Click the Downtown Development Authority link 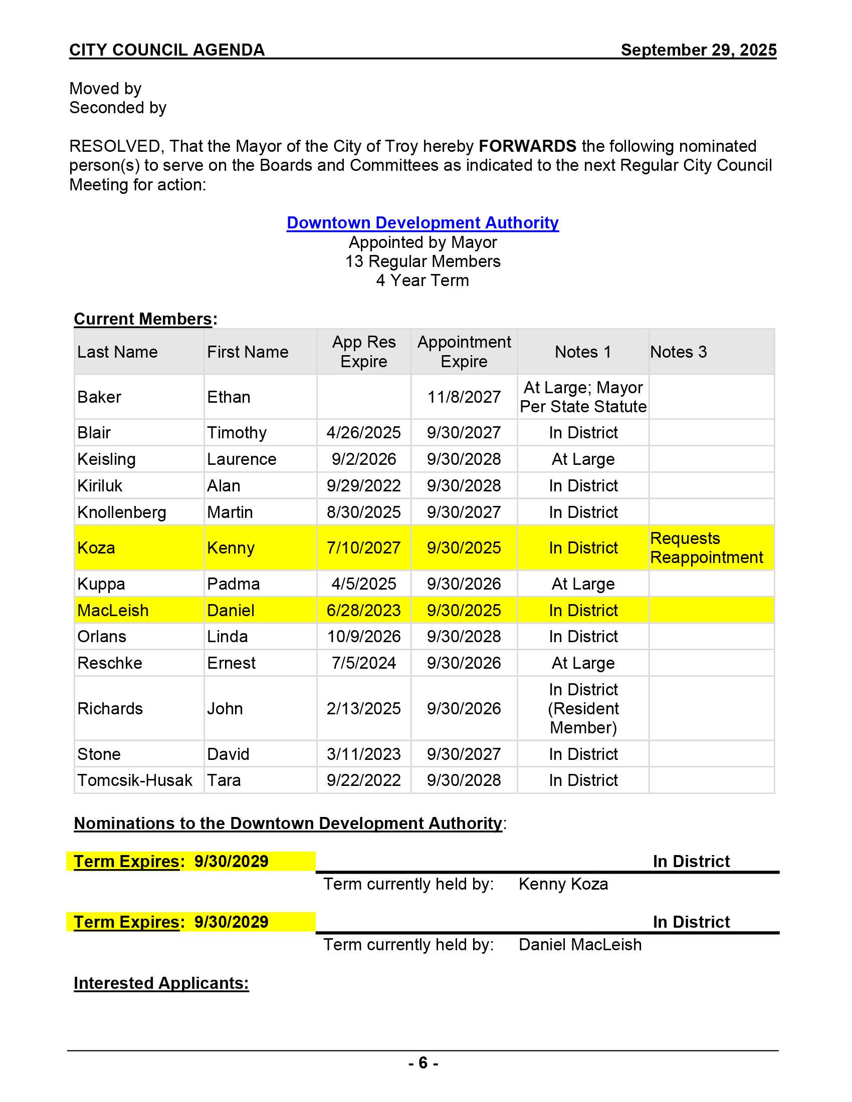[422, 223]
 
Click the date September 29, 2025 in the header [698, 50]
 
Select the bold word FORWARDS [527, 146]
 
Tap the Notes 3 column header [678, 352]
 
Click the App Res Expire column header [363, 352]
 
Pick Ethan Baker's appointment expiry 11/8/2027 [464, 397]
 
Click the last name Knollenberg [122, 512]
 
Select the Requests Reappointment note [706, 548]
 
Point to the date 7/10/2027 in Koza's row [363, 548]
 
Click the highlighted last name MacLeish [113, 611]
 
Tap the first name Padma [233, 584]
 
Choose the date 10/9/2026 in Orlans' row [363, 637]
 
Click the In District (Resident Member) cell [583, 708]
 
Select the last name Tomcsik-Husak [135, 780]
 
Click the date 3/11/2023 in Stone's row [363, 754]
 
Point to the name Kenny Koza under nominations [563, 885]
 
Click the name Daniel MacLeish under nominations [580, 945]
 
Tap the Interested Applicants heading [161, 983]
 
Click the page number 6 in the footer [423, 1063]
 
